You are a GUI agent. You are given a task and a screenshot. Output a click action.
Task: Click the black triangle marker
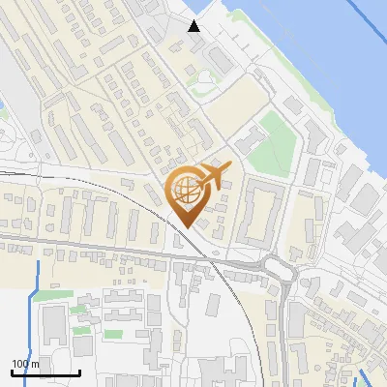tap(194, 26)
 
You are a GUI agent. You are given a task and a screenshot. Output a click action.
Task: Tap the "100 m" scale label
tap(25, 364)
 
